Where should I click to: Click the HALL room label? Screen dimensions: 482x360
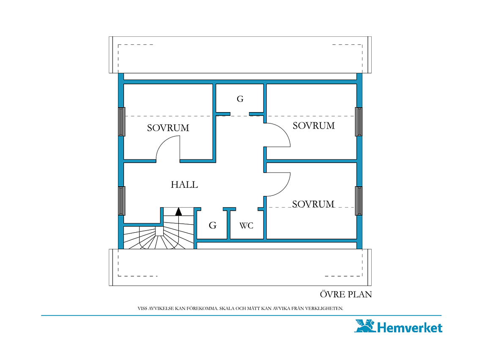pos(184,184)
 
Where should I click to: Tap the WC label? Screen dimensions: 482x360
pos(246,226)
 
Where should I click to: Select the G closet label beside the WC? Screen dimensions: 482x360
pos(212,225)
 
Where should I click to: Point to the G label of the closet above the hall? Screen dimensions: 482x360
pos(240,99)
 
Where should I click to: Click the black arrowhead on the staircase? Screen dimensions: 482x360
pos(178,212)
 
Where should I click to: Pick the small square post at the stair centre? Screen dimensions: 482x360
pos(159,231)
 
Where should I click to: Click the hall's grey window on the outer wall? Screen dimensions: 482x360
pos(122,201)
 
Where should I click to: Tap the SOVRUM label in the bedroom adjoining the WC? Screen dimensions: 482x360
pos(313,204)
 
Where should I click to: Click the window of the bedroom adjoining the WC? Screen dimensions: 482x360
pos(359,201)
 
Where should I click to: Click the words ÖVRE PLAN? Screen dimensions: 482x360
pos(346,294)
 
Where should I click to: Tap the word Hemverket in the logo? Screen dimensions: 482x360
pos(410,328)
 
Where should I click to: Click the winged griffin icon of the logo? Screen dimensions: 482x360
pos(365,326)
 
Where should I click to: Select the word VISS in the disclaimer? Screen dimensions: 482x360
pos(142,308)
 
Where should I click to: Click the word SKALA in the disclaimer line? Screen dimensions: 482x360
pos(227,308)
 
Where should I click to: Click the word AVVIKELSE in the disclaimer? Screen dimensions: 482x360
pos(162,308)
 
